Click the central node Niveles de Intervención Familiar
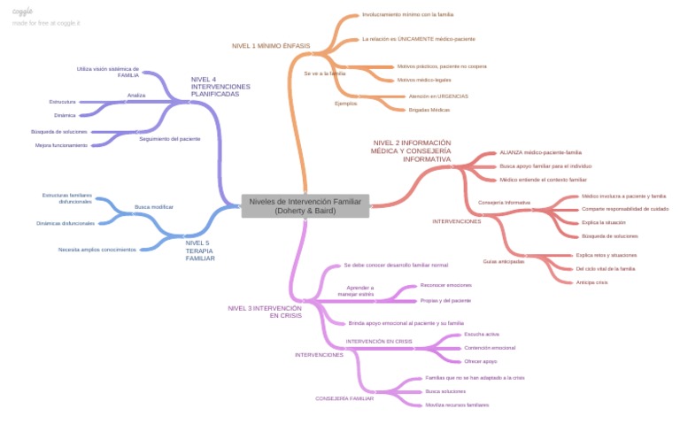click(x=305, y=206)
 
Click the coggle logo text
click(x=23, y=11)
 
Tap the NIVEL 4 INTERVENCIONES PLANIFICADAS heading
click(x=220, y=86)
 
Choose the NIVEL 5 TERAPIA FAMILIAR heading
click(x=200, y=250)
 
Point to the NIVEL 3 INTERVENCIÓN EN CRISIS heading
click(x=259, y=312)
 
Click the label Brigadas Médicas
click(x=429, y=110)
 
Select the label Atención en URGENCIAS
click(x=438, y=96)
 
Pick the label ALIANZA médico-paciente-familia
click(x=540, y=152)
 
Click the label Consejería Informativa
click(x=504, y=203)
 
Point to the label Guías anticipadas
click(x=503, y=261)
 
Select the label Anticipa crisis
click(x=591, y=281)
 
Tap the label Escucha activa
click(x=482, y=335)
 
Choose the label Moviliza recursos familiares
click(x=457, y=405)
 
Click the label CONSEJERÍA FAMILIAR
click(x=344, y=398)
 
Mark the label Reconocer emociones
click(x=445, y=285)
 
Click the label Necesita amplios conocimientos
click(x=97, y=250)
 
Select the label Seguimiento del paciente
click(x=169, y=139)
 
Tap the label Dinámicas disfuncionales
click(x=66, y=223)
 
